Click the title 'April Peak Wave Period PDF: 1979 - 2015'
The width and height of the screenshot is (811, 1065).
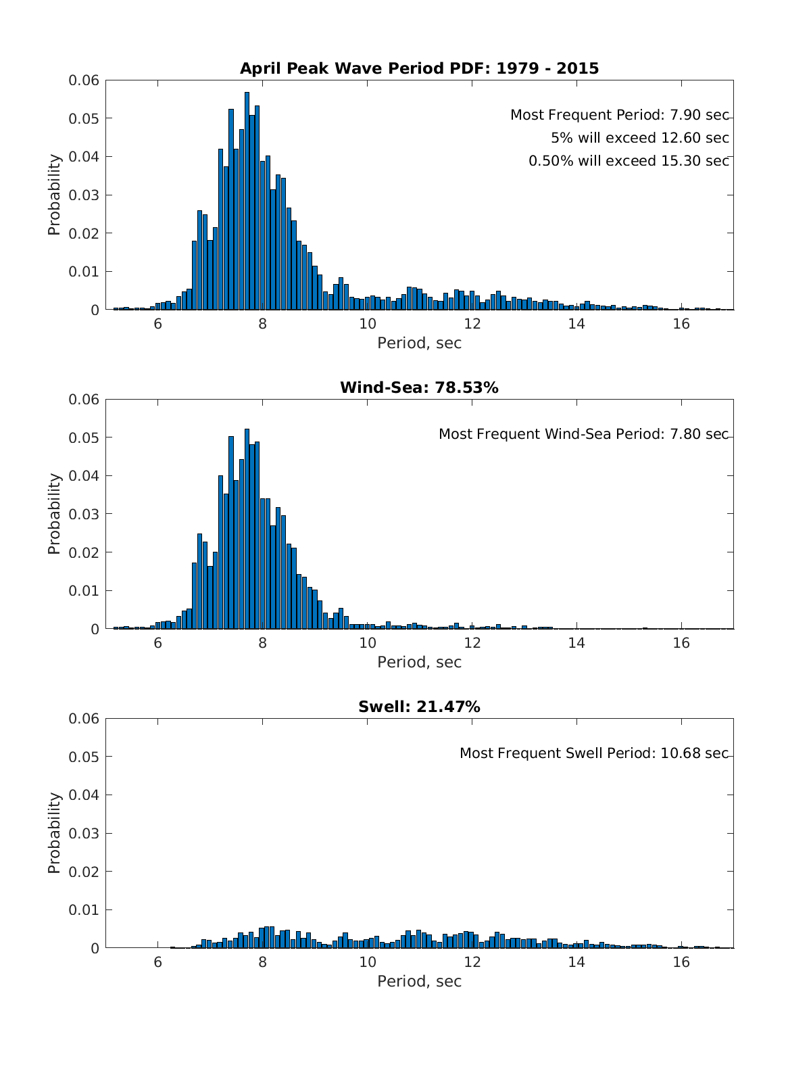point(419,68)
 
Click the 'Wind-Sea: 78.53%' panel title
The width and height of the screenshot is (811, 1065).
point(419,387)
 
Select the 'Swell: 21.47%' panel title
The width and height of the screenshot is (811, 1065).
point(419,707)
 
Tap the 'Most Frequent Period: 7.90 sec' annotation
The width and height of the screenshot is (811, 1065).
point(619,115)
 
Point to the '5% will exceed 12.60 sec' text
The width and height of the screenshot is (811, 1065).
point(639,138)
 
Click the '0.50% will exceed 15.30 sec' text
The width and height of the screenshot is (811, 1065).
point(629,161)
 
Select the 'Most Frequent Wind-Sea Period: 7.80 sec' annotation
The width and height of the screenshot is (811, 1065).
point(583,434)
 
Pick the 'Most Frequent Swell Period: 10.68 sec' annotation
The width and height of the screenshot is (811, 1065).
point(593,753)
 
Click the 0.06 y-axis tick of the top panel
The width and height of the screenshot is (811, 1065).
point(84,80)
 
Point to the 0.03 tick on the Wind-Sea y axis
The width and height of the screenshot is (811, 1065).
point(84,514)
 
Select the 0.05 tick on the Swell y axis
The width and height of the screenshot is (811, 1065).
point(84,757)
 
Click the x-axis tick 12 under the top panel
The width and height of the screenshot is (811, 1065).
point(472,324)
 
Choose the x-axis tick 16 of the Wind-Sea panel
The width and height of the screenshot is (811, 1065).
point(681,643)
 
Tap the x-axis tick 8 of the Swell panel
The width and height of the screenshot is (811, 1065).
point(262,962)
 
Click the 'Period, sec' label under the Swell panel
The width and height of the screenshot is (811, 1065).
point(419,981)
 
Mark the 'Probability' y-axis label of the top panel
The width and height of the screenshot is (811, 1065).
point(54,195)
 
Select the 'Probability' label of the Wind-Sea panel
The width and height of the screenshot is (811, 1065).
point(54,514)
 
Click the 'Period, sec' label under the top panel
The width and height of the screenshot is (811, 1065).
point(419,343)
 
